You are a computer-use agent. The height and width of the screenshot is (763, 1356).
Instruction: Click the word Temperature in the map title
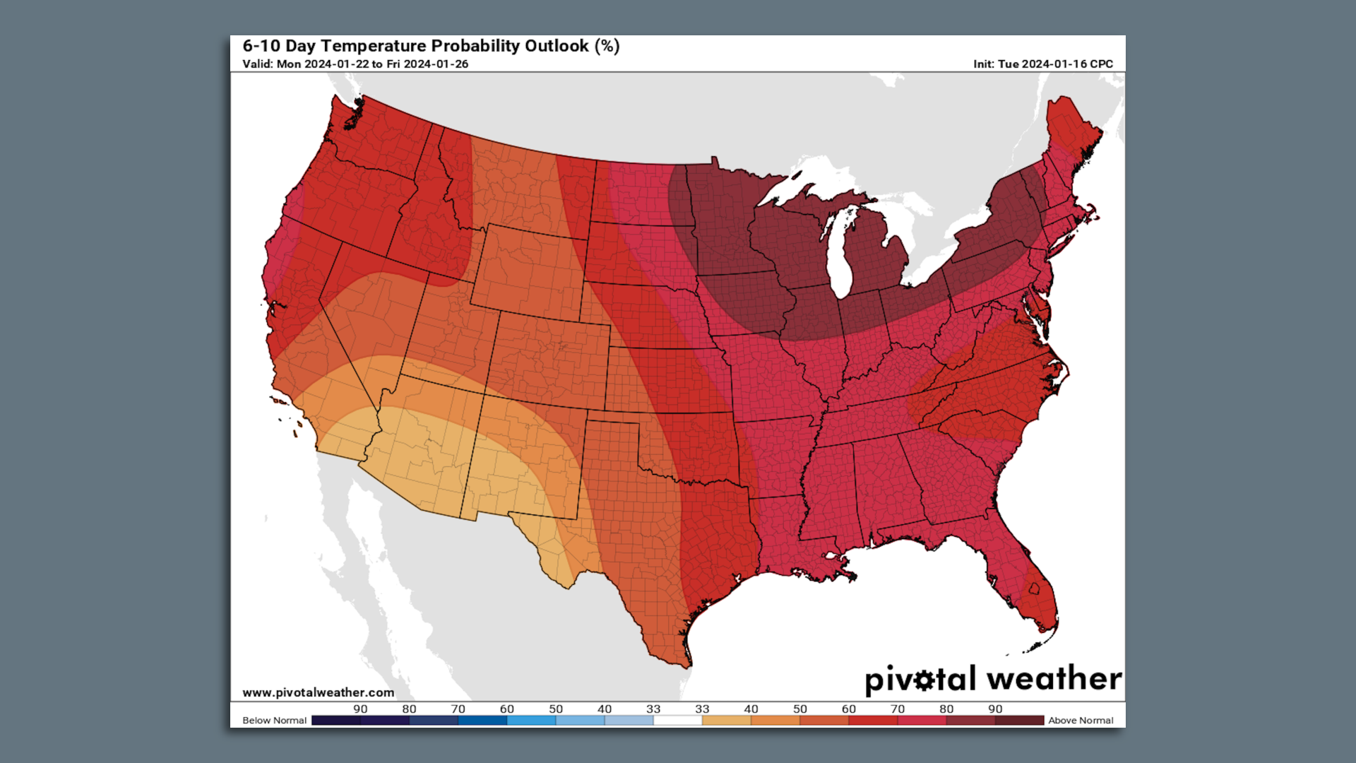[374, 46]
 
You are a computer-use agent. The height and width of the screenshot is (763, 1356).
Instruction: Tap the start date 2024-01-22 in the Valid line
[336, 64]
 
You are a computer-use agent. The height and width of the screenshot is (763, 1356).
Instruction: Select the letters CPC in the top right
[1101, 64]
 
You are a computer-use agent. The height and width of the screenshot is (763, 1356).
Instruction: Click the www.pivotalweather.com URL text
[318, 692]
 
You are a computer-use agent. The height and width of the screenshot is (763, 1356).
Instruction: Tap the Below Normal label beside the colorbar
[274, 721]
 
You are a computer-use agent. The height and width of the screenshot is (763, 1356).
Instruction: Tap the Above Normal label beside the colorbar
[1081, 721]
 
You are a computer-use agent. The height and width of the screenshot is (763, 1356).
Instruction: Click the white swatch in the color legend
[677, 721]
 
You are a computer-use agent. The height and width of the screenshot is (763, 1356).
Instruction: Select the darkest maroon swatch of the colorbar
[1019, 721]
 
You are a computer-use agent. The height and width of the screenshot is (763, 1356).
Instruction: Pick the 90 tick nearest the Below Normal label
[360, 709]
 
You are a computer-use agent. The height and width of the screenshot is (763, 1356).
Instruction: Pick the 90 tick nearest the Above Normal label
[995, 709]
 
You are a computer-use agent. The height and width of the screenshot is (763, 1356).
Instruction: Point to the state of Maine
[1070, 131]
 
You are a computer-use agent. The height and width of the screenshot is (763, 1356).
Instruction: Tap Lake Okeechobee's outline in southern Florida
[1034, 588]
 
